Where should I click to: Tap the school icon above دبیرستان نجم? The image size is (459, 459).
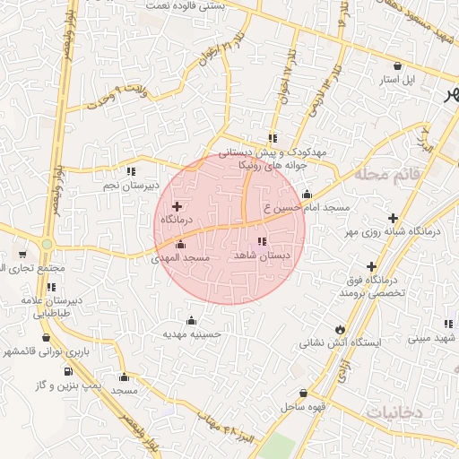[131, 171]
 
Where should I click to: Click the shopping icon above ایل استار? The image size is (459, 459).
[397, 65]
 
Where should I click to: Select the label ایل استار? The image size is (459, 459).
[397, 80]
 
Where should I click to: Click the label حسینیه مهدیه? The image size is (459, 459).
[191, 333]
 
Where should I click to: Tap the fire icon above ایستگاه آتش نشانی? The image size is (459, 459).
[339, 328]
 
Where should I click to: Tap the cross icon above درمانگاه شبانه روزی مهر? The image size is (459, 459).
[393, 218]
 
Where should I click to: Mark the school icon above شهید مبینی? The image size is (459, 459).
[447, 324]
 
